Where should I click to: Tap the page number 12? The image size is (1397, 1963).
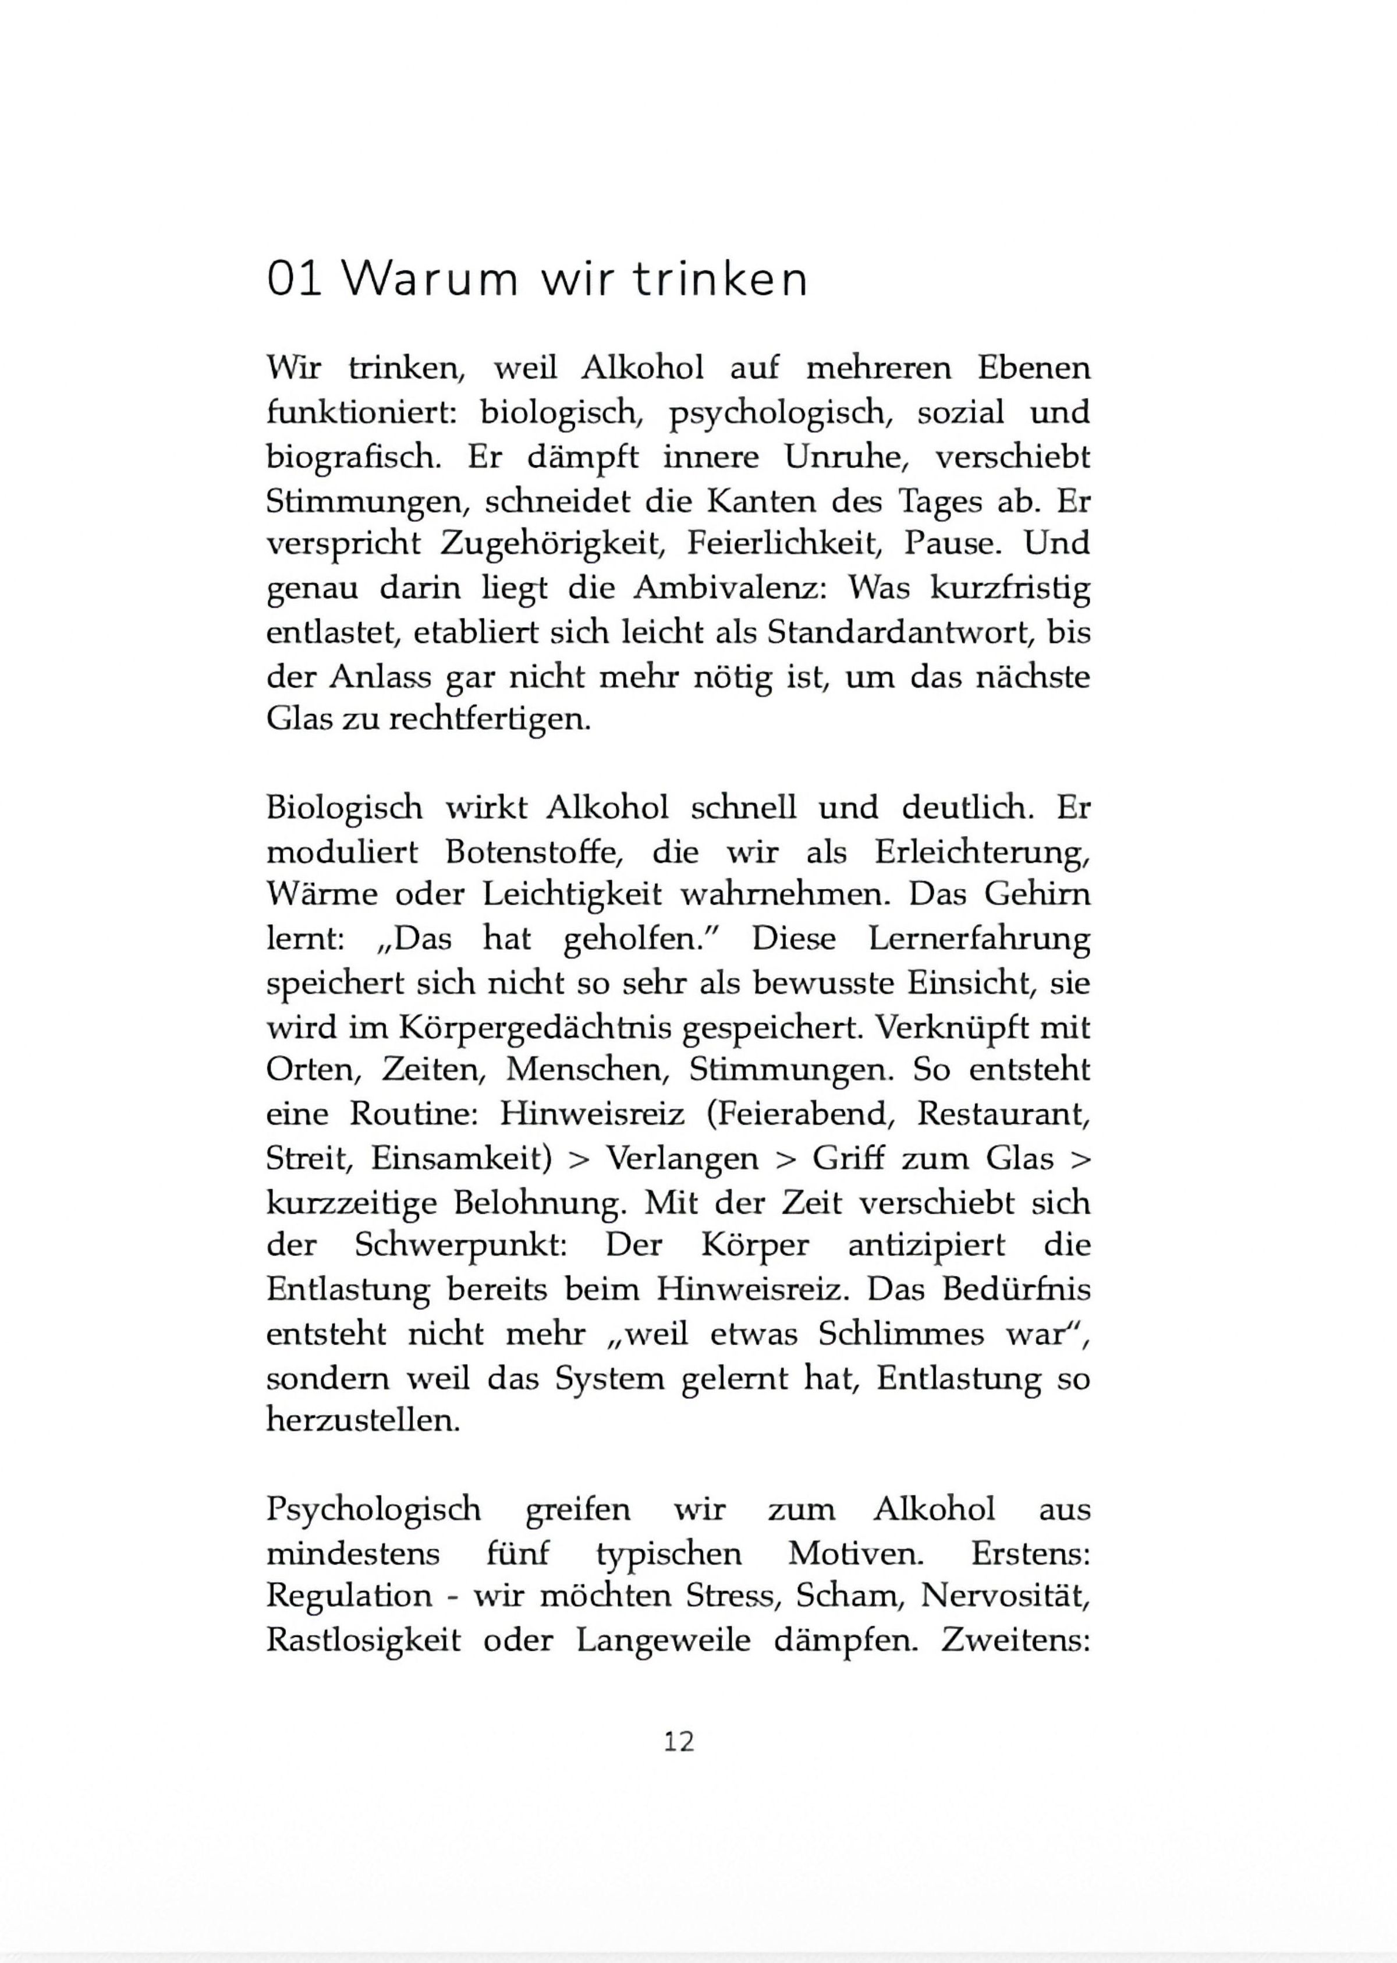point(679,1742)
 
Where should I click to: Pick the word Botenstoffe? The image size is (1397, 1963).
point(534,852)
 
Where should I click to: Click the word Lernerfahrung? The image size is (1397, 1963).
point(979,938)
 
